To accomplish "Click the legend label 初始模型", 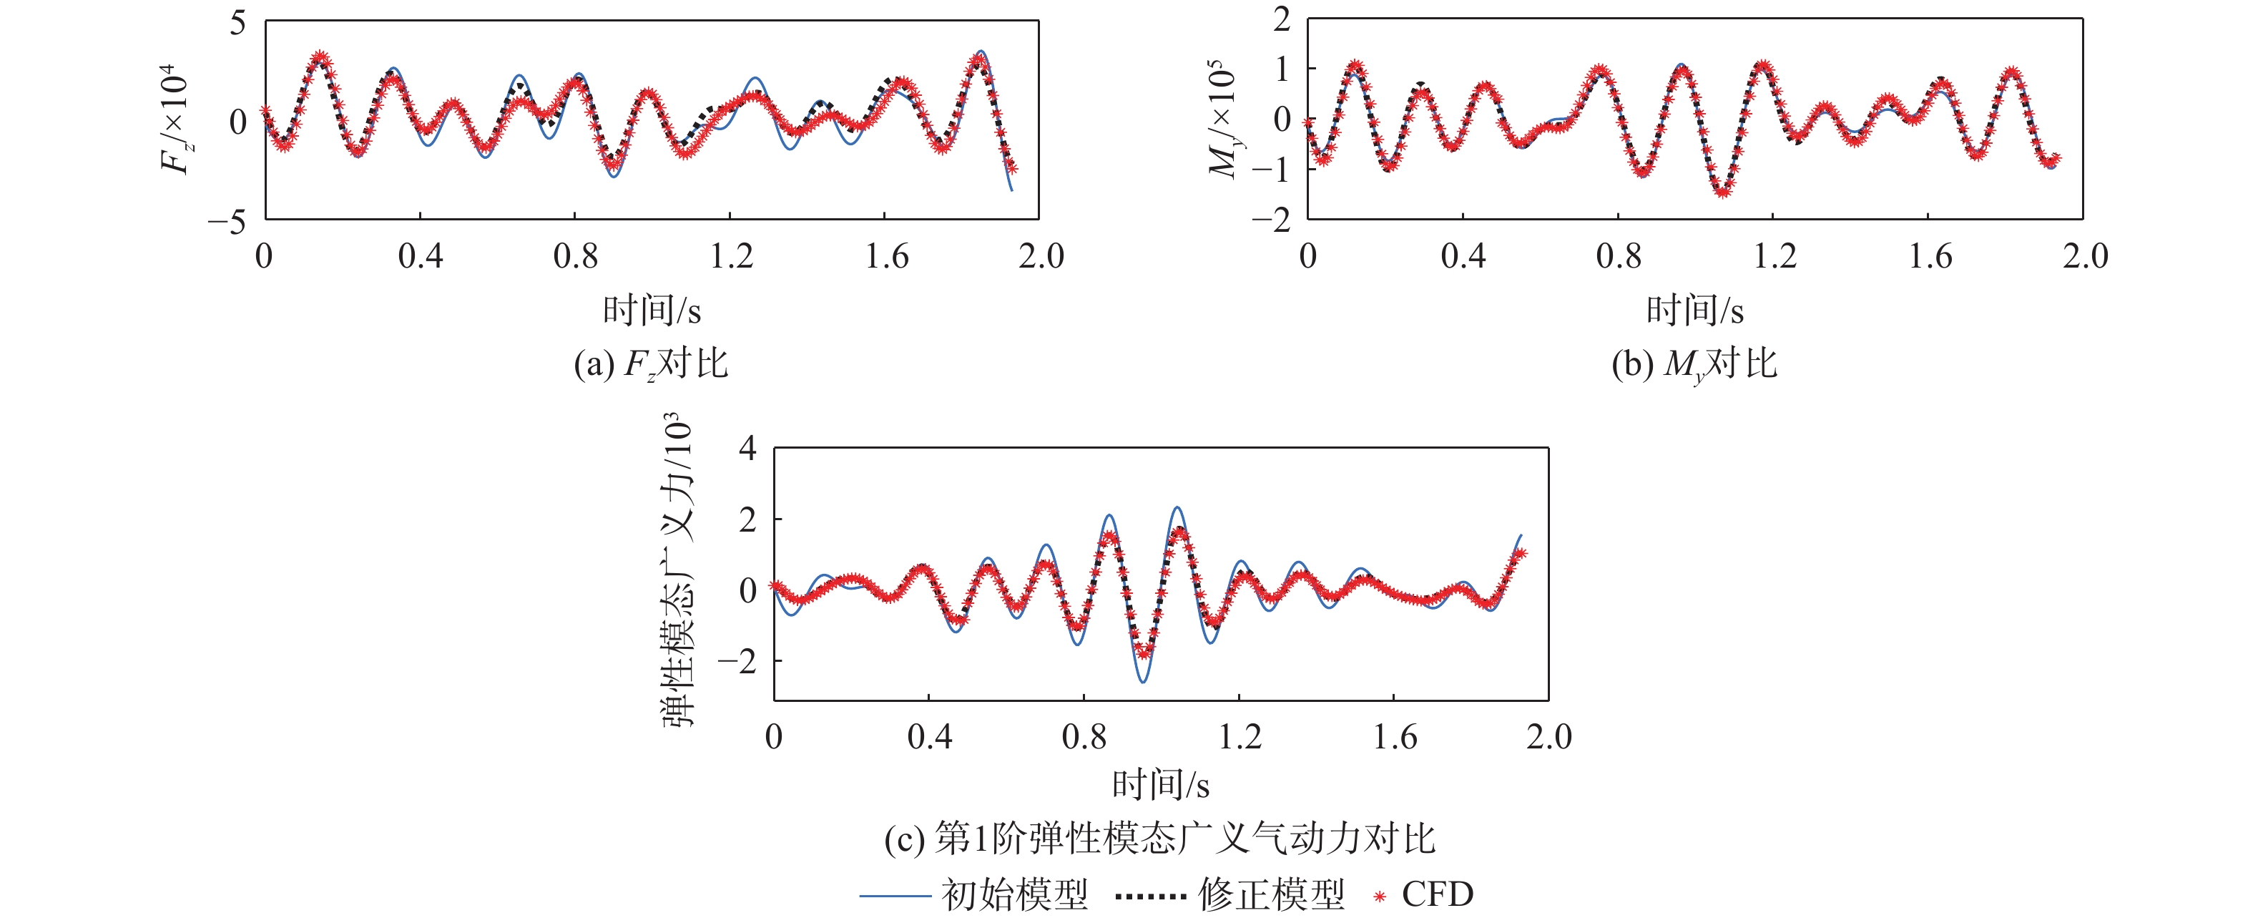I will coord(1014,894).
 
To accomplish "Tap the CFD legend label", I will coord(1437,894).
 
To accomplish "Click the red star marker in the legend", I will coord(1380,896).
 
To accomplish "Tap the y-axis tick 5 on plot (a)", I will coord(238,23).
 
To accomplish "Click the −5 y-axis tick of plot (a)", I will coord(227,223).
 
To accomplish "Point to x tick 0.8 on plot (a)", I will coord(576,256).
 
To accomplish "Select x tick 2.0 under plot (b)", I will coord(2085,256).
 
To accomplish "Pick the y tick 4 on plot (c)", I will coord(748,449).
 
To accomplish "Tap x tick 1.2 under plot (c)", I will coord(1240,737).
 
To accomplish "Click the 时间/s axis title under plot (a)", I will coord(652,311).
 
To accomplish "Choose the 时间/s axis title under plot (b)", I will coord(1695,311).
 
